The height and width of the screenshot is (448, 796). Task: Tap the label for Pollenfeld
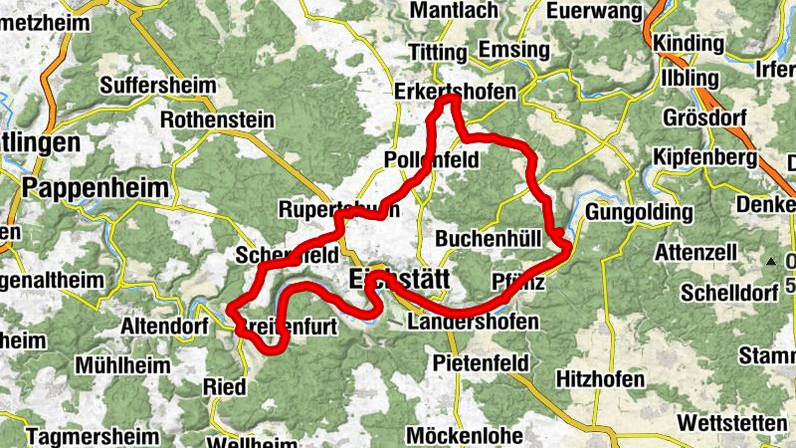(431, 160)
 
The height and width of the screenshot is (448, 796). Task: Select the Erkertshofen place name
(456, 91)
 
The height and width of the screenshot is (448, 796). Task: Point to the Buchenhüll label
(488, 239)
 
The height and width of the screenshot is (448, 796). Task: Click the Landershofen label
(473, 323)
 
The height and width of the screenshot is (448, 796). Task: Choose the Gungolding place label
(640, 213)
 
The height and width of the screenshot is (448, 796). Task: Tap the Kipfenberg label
(705, 158)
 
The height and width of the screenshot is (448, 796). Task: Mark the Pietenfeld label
(481, 363)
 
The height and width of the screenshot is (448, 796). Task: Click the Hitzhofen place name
(603, 379)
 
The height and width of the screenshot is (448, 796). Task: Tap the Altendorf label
(163, 325)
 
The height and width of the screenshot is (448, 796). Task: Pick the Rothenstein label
(217, 119)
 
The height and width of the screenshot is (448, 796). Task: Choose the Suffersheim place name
(157, 85)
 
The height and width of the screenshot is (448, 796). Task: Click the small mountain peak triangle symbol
(772, 261)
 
